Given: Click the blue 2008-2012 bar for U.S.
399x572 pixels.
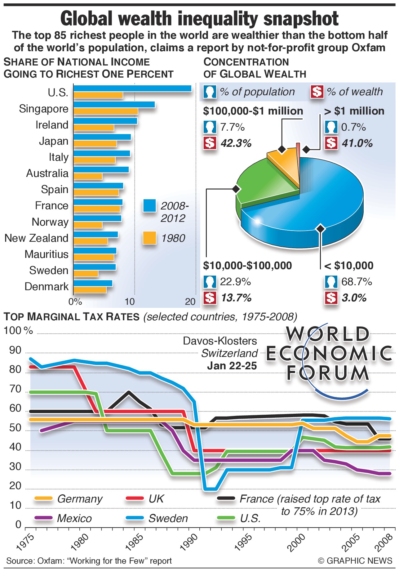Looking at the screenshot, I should coord(132,88).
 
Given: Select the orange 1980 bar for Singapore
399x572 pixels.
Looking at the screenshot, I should coord(106,111).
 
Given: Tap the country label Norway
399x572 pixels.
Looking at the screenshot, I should coord(50,222).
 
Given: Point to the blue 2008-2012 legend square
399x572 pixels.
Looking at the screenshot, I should coord(149,205).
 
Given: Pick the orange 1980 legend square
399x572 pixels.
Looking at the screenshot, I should coord(149,238).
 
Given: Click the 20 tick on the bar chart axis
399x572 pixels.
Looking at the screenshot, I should coord(190,301).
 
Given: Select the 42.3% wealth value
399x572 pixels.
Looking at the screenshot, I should coord(236,143).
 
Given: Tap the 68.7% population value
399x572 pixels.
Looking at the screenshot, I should coord(357,281).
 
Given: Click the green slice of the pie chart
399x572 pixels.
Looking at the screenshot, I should coord(264,180).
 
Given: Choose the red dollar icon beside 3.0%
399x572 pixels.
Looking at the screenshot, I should coord(331,298).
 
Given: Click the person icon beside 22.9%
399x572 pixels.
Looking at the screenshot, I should coord(210,282).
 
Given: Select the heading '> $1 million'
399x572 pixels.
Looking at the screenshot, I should coord(354,111).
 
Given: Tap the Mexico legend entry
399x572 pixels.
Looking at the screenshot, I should coord(74,518).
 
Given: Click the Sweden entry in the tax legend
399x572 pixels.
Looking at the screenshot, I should coord(168,518).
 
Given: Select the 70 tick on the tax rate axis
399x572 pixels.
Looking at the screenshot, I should coord(15,389).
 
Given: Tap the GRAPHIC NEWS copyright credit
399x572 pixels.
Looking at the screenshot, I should coord(355,561).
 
